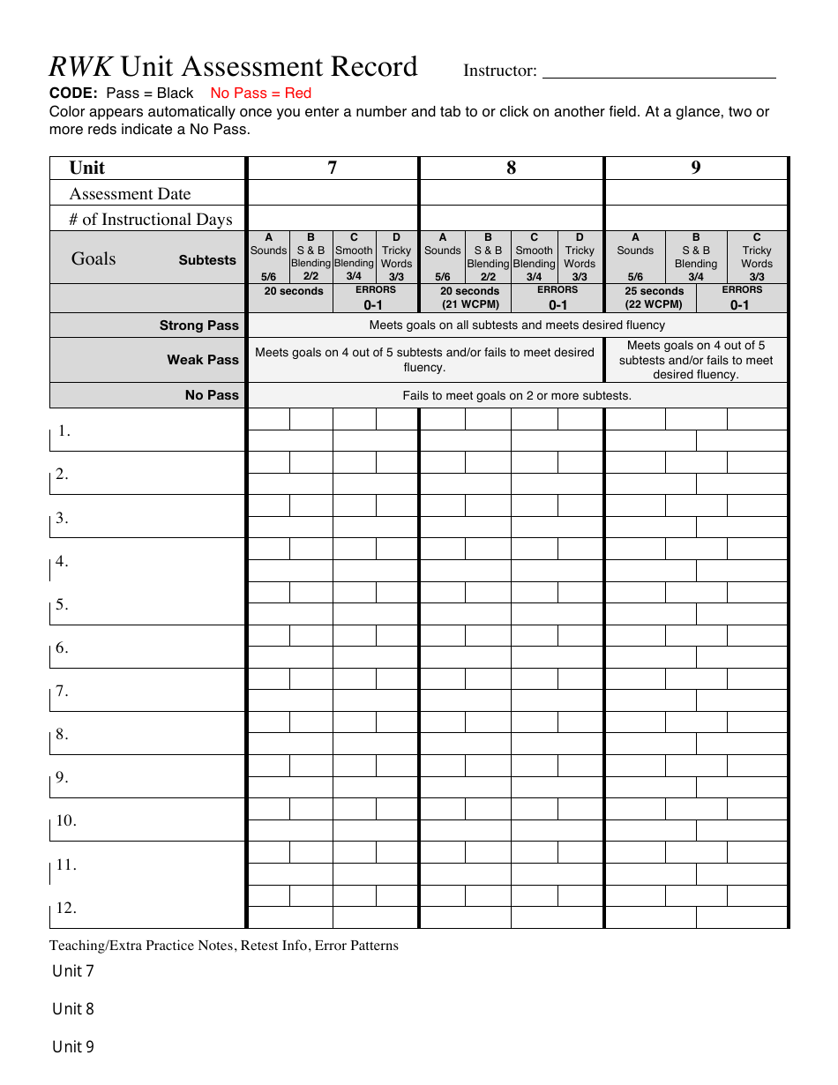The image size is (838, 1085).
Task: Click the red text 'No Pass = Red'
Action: pyautogui.click(x=260, y=93)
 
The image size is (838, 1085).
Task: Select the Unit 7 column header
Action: pyautogui.click(x=332, y=168)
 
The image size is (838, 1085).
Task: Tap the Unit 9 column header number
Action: pyautogui.click(x=695, y=168)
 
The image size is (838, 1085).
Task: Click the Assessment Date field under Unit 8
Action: pyautogui.click(x=511, y=193)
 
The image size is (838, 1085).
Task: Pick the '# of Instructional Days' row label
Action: pyautogui.click(x=151, y=220)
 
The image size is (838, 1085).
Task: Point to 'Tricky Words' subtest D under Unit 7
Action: pyautogui.click(x=396, y=257)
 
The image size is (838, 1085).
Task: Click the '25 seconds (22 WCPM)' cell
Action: pyautogui.click(x=654, y=298)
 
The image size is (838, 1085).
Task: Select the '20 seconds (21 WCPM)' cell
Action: pyautogui.click(x=469, y=298)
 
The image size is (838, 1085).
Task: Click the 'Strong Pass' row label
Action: pyautogui.click(x=198, y=325)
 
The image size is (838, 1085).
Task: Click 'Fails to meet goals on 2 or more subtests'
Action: pyautogui.click(x=517, y=395)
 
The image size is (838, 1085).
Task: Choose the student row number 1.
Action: pyautogui.click(x=64, y=431)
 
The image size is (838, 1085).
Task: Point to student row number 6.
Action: pyautogui.click(x=62, y=648)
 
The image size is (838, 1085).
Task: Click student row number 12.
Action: pyautogui.click(x=66, y=909)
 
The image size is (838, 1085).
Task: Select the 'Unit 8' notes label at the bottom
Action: pyautogui.click(x=73, y=1009)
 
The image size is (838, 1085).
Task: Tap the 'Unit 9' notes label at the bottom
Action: pyautogui.click(x=73, y=1047)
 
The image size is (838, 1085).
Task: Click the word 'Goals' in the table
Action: pyautogui.click(x=94, y=258)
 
